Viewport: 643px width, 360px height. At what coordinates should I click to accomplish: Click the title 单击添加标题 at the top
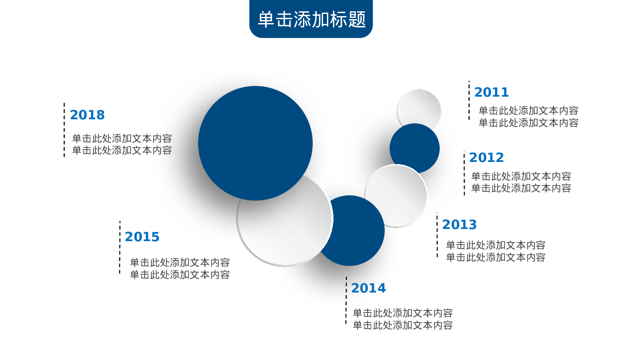coord(312,20)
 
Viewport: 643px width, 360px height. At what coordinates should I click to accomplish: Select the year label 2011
coord(492,92)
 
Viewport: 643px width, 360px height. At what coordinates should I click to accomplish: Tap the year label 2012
coord(486,158)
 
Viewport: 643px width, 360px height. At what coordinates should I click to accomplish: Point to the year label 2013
coord(459,225)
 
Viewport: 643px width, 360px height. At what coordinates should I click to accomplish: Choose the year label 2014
coord(369,288)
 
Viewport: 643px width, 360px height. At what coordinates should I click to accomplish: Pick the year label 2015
coord(142,237)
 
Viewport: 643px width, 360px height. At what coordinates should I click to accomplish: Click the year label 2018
coord(87,115)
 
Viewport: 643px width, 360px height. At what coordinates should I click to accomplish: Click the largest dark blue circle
coord(255,143)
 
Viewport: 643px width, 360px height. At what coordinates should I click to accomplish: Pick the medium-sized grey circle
coord(396,196)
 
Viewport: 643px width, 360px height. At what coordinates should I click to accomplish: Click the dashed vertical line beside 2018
coord(64,130)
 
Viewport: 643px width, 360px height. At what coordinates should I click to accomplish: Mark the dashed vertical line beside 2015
coord(120,247)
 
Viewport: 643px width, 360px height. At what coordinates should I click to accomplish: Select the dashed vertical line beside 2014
coord(346,300)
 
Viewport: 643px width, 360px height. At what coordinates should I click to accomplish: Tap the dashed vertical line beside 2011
coord(469,100)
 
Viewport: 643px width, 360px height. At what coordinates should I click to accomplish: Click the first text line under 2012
coord(521,176)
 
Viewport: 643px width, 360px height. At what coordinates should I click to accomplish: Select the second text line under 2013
coord(495,258)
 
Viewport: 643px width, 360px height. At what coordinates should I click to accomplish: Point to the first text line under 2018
coord(122,139)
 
